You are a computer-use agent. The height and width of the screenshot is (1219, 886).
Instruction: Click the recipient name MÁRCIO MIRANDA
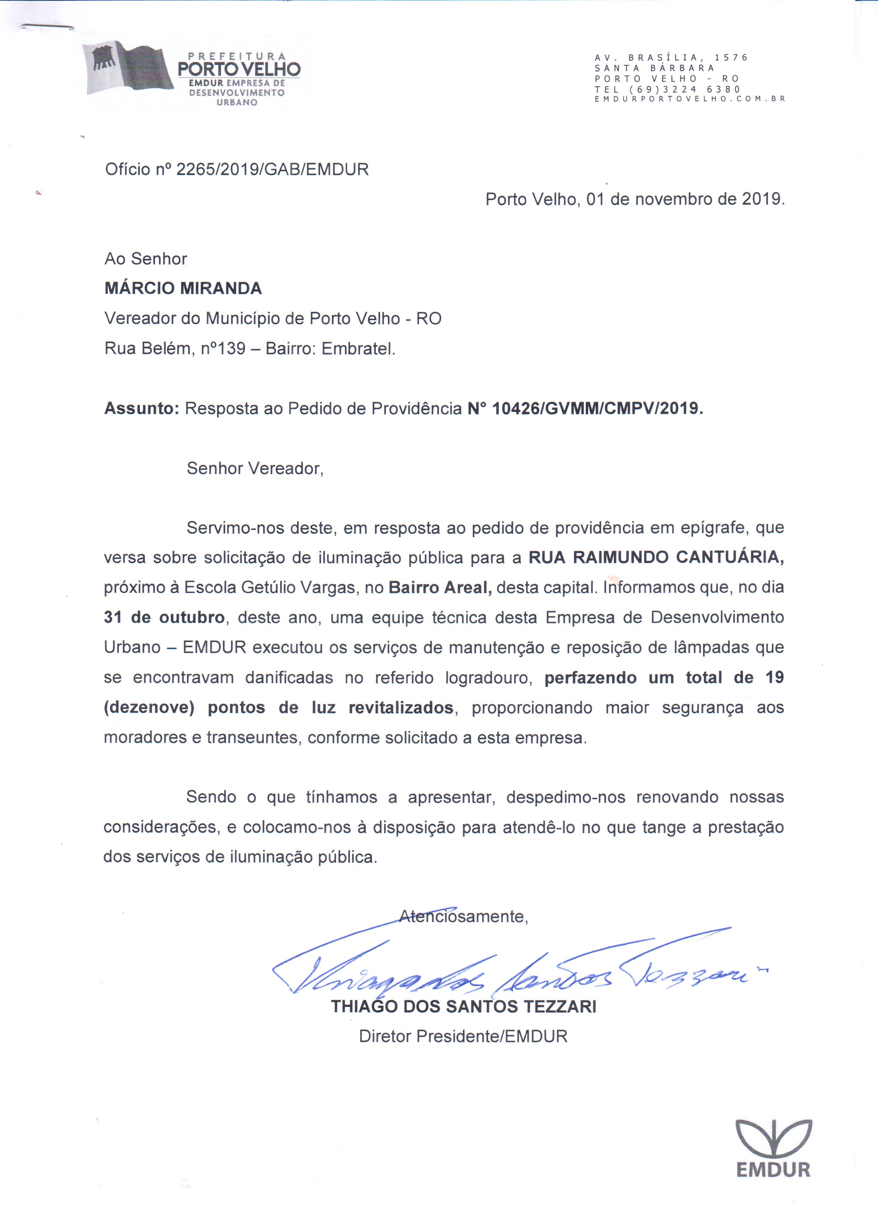point(183,289)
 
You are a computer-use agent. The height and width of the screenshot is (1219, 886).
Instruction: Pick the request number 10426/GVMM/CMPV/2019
point(598,409)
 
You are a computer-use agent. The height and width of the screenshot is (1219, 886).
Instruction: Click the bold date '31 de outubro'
point(164,618)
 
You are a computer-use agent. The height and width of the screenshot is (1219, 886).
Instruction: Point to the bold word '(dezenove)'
point(149,708)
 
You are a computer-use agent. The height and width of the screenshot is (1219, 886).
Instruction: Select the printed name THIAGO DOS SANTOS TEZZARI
point(464,1007)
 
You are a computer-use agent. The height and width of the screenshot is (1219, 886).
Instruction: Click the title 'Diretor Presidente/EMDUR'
point(463,1037)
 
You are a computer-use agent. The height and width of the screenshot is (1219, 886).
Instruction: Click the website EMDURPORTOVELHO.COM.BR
point(690,99)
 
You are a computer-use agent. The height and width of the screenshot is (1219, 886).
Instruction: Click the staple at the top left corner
point(47,27)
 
